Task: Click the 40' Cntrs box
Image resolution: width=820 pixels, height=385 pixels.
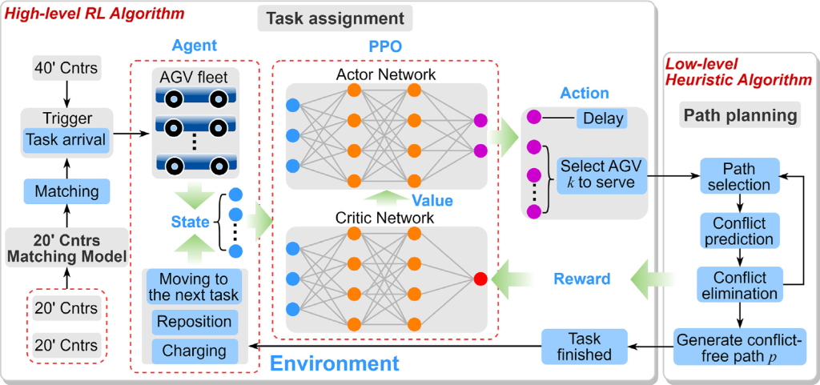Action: [x=66, y=68]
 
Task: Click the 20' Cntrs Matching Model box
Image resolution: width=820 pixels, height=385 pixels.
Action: [x=66, y=249]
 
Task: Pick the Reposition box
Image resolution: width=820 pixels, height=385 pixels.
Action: [x=195, y=322]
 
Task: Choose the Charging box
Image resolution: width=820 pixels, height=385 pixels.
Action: [x=195, y=351]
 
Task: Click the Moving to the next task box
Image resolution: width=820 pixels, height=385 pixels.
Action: [x=195, y=287]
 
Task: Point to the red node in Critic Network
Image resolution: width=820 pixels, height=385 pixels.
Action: [x=480, y=279]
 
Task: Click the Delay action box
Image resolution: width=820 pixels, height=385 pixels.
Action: [x=600, y=119]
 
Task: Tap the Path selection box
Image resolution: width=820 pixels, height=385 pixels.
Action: [x=739, y=177]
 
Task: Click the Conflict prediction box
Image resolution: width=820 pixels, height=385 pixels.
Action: [x=739, y=231]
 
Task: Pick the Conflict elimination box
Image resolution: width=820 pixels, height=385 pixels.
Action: [x=739, y=286]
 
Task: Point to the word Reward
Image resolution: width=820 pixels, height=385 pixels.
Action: [x=583, y=279]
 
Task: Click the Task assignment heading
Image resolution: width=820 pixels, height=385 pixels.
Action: [x=335, y=18]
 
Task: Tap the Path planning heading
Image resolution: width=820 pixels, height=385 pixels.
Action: [x=740, y=115]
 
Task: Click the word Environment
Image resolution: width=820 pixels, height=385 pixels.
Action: [x=334, y=364]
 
